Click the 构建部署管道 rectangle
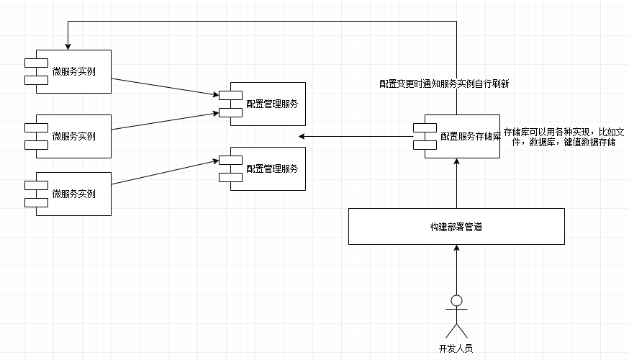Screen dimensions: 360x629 coord(456,227)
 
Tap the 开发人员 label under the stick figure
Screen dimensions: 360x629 coord(456,348)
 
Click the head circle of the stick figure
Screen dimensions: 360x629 coord(456,300)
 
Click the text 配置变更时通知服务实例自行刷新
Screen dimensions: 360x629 coord(445,84)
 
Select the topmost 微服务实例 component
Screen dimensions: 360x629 coord(73,71)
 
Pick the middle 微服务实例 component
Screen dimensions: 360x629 coord(73,136)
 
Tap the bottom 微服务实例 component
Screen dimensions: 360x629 coord(73,194)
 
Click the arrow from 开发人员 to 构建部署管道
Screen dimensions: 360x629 coord(456,270)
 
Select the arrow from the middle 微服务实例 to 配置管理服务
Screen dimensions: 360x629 coord(166,121)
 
